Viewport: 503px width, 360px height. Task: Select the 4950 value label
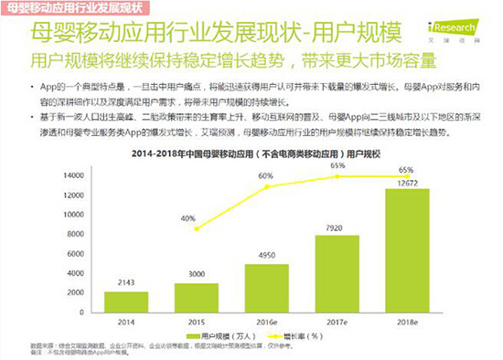[266, 255]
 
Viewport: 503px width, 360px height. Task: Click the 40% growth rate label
[187, 218]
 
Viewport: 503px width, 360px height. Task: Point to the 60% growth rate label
[265, 175]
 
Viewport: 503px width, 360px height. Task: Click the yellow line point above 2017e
[337, 177]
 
